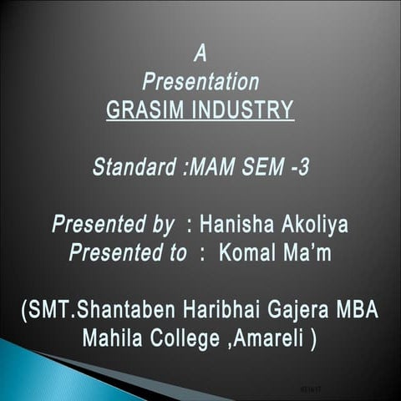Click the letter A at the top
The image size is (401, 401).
200,55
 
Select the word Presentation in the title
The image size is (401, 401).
200,83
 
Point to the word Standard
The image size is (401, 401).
133,167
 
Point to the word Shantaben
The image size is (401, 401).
118,312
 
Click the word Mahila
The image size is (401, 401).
113,341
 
